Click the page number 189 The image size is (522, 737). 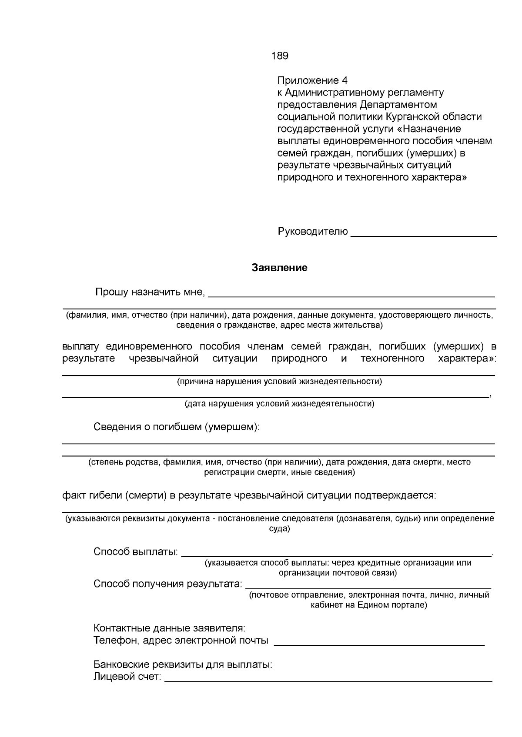click(x=279, y=56)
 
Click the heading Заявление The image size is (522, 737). click(x=279, y=268)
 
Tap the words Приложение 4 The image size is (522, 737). click(x=312, y=81)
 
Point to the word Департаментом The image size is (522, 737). click(x=398, y=105)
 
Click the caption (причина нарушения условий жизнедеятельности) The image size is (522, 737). click(x=279, y=382)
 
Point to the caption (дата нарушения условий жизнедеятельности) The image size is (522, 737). click(x=279, y=404)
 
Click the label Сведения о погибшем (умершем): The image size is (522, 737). click(x=176, y=427)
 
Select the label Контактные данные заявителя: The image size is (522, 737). click(x=169, y=628)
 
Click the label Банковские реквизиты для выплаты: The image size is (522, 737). click(x=183, y=665)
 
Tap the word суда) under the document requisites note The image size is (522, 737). click(x=279, y=529)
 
